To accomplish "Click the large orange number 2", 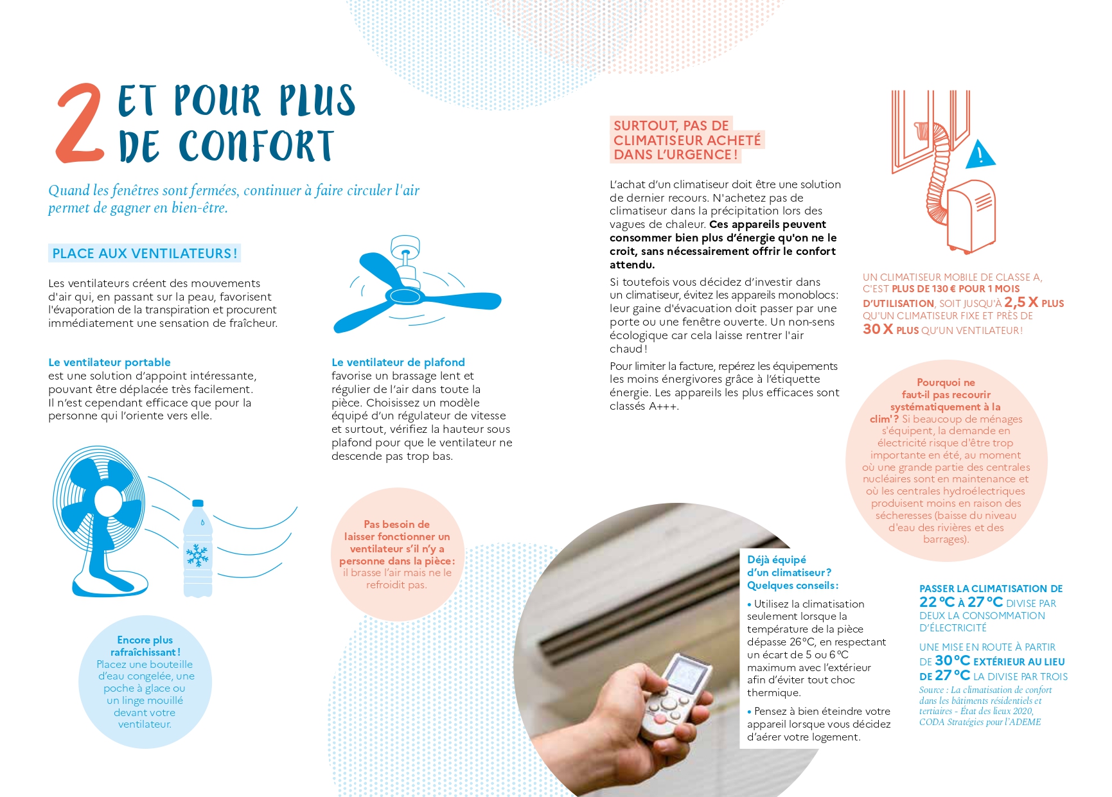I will tap(80, 123).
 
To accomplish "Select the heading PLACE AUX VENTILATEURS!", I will tap(145, 254).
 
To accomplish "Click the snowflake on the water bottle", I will tap(197, 555).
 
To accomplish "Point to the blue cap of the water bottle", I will tap(198, 504).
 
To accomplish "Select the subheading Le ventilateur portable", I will tap(109, 362).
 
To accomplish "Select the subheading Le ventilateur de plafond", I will tap(398, 362).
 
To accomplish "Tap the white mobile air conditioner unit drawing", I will tap(972, 216).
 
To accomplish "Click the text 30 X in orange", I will tap(878, 329).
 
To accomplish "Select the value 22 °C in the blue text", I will tap(937, 602).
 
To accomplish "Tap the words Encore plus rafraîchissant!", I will tap(145, 645).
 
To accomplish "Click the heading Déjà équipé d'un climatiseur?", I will tap(788, 566).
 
